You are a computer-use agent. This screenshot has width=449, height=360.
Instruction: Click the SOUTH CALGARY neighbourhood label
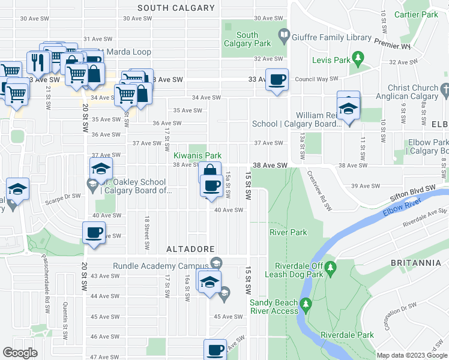coord(176,8)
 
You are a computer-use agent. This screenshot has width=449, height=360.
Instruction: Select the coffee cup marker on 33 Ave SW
coord(277,80)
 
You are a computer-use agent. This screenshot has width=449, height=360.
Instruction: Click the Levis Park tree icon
coord(358,57)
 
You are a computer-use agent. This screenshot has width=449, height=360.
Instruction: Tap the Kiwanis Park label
coord(193,155)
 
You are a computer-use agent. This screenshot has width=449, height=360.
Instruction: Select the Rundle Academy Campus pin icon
coord(215,262)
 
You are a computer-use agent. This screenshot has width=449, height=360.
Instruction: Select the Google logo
coord(20,353)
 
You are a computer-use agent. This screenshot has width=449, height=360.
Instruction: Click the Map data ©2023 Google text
coord(411,355)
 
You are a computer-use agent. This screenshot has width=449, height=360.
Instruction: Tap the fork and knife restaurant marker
coord(38,62)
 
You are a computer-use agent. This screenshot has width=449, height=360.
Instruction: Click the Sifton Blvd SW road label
coord(414,190)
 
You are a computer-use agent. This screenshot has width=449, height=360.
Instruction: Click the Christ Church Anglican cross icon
coord(444,89)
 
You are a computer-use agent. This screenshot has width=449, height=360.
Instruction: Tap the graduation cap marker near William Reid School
coord(348,108)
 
